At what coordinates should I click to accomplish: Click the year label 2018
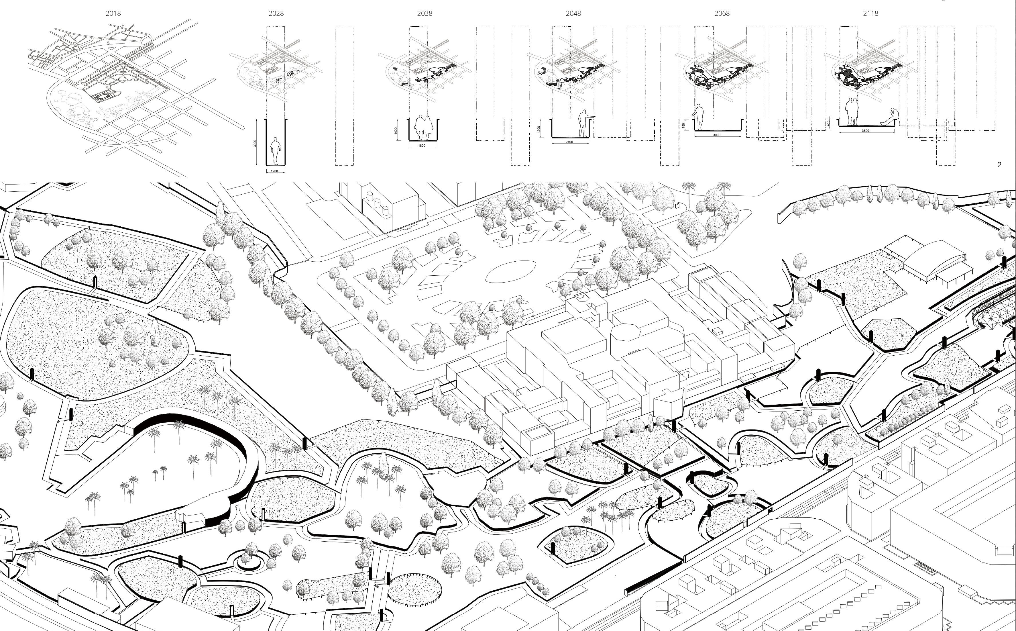pos(113,13)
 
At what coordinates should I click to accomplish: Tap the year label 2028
pos(276,13)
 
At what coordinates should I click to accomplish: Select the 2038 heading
pos(425,13)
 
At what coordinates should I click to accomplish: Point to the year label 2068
pos(722,13)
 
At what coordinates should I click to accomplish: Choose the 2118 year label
pos(870,13)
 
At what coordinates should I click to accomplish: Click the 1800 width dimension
pos(422,146)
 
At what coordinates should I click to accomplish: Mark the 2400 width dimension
pos(569,142)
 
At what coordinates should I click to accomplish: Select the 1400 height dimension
pos(395,131)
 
